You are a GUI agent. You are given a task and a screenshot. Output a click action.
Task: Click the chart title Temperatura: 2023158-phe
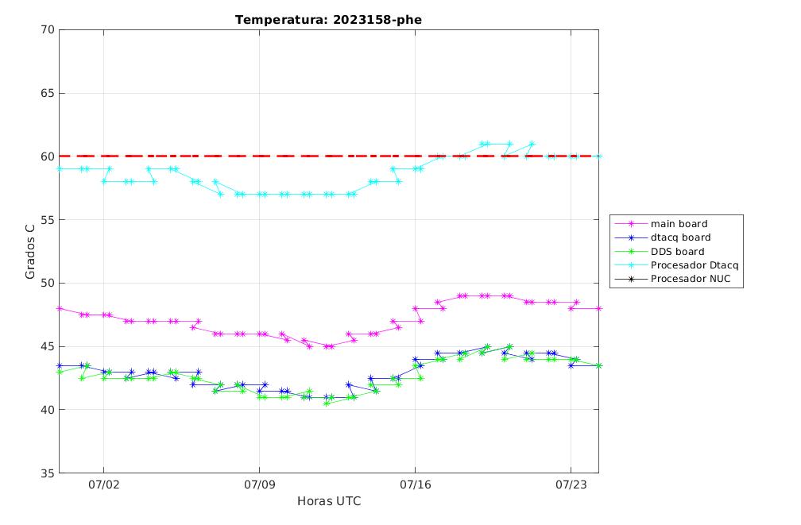pos(328,20)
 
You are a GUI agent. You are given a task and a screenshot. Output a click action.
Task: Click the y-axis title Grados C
pos(30,251)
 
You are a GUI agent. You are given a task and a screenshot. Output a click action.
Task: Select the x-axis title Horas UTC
pos(329,501)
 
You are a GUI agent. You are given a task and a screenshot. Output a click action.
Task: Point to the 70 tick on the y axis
pos(48,29)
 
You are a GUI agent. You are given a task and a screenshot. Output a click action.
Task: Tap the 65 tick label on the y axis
pos(48,94)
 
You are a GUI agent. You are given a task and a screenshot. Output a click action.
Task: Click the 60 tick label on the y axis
pos(48,156)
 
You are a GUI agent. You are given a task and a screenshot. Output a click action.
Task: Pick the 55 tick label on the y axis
pos(48,219)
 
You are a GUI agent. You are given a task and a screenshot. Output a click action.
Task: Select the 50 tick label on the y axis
pos(48,283)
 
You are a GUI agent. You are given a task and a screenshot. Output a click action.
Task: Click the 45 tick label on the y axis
pos(48,346)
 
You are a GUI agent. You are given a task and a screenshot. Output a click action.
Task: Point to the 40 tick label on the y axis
pos(48,410)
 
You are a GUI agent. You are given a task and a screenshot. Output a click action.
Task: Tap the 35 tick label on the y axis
pos(48,473)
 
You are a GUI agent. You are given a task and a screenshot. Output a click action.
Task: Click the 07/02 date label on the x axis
pos(103,484)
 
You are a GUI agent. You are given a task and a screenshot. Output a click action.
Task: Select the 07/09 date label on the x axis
pos(260,484)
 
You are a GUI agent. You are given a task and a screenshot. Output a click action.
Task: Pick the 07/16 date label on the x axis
pos(416,484)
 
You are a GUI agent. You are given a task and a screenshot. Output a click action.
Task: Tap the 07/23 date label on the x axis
pos(571,484)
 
